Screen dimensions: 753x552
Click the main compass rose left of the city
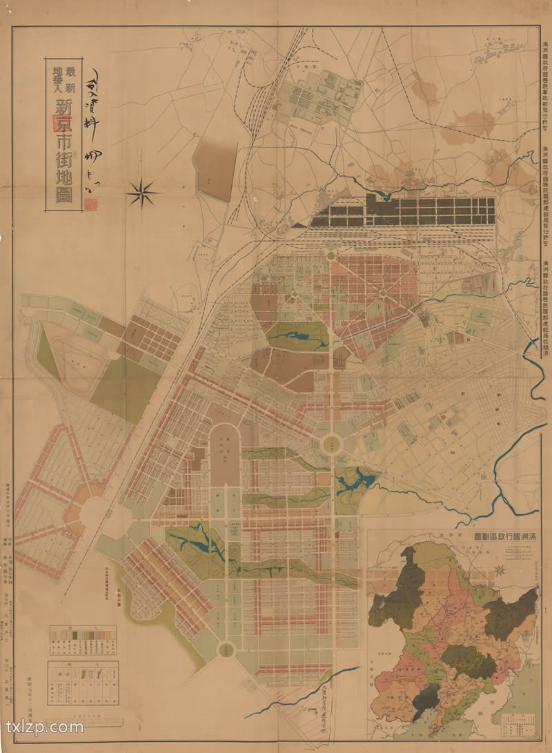click(x=142, y=193)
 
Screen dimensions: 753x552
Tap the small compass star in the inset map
click(x=500, y=570)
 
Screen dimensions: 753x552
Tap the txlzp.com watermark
click(x=44, y=727)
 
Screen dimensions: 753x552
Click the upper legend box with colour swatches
click(x=78, y=641)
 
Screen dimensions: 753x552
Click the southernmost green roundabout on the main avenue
click(x=226, y=649)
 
